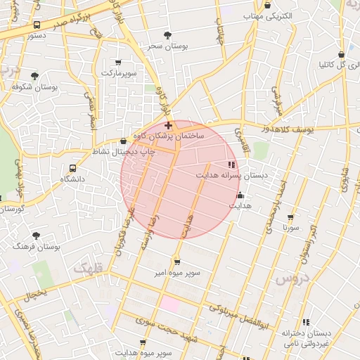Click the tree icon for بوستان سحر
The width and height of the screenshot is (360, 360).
pyautogui.click(x=167, y=34)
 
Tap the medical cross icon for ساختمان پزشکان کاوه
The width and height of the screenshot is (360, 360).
pyautogui.click(x=167, y=125)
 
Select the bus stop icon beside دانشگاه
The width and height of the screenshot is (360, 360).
pyautogui.click(x=72, y=169)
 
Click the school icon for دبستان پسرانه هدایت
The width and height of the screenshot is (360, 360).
pyautogui.click(x=232, y=165)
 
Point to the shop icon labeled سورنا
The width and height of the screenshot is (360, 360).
pyautogui.click(x=290, y=217)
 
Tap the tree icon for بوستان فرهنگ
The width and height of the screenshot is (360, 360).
pyautogui.click(x=36, y=236)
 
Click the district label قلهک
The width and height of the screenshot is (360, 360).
pyautogui.click(x=86, y=268)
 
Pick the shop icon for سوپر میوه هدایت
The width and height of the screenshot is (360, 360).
pyautogui.click(x=143, y=342)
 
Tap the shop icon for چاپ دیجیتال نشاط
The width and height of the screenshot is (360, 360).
pyautogui.click(x=124, y=141)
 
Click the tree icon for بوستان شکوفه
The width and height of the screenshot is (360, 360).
pyautogui.click(x=34, y=75)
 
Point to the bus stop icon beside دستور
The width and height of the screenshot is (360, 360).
pyautogui.click(x=37, y=25)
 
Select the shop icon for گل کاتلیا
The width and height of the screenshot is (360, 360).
pyautogui.click(x=341, y=54)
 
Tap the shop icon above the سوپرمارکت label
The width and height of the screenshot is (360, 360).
pyautogui.click(x=117, y=62)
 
